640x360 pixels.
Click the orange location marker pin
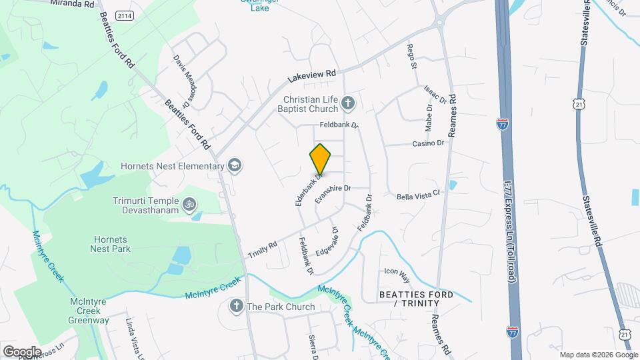tap(320, 159)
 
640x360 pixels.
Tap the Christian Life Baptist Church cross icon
tap(347, 103)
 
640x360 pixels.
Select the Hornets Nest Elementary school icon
tap(234, 165)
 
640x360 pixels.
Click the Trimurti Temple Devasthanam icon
tap(189, 203)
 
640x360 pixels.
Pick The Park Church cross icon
tap(235, 307)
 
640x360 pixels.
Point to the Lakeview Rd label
tap(311, 76)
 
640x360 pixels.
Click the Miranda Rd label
tap(73, 3)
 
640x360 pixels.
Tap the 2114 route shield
tap(123, 15)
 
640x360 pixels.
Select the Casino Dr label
tap(427, 143)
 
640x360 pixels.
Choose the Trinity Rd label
tap(263, 250)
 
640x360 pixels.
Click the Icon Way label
tap(396, 271)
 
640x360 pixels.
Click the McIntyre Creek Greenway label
tap(89, 311)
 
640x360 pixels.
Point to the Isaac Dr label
tap(435, 95)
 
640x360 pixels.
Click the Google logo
tap(21, 351)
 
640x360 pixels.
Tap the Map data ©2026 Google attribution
tap(598, 355)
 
